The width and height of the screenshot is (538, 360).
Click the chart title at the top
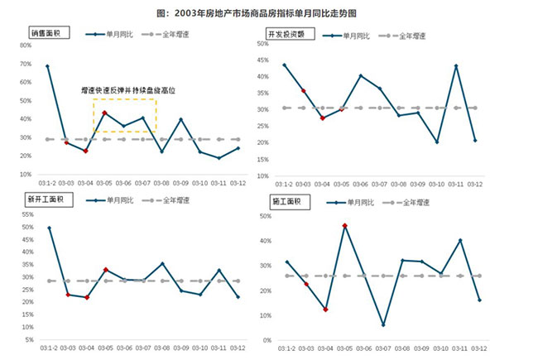pos(268,13)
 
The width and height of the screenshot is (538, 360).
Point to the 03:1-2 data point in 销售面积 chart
pos(47,66)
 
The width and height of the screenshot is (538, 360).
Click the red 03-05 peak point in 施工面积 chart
pos(344,226)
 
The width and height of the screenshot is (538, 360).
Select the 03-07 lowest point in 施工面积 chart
pos(383,324)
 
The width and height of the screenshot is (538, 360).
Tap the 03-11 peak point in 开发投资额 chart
pos(456,66)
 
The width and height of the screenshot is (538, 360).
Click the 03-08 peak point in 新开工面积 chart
pos(162,264)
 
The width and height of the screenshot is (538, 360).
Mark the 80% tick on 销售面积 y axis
pos(25,45)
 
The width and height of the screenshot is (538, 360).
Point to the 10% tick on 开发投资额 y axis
pos(262,175)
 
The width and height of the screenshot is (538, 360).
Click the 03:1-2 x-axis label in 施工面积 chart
pos(286,349)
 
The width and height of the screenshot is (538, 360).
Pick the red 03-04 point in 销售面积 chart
pos(85,151)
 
